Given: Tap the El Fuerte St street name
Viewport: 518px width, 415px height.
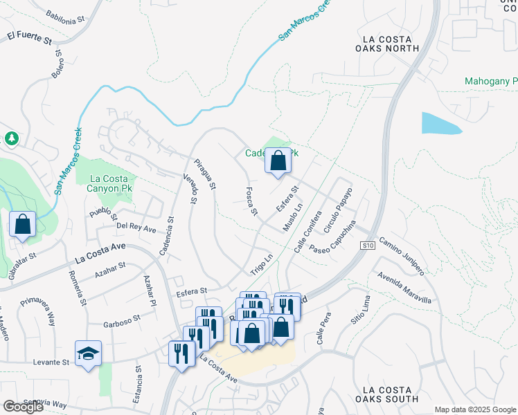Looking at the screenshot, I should [30, 37].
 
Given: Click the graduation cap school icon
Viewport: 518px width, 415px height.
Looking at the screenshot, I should [88, 354].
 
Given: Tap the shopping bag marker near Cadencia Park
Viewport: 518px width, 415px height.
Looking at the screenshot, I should [277, 162].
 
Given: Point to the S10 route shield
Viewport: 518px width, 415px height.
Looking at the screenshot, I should [367, 246].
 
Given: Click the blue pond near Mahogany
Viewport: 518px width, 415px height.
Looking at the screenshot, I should [439, 123].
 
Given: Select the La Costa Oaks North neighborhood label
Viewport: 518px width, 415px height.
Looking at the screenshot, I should [386, 44].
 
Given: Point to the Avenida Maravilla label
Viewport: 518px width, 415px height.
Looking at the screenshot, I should [404, 286].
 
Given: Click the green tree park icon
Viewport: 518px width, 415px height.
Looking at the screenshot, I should [11, 138].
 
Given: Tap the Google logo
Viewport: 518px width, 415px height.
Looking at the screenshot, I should [23, 407].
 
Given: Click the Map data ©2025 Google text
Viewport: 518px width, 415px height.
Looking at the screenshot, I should [475, 409].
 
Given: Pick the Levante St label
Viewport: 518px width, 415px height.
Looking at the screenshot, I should [51, 362].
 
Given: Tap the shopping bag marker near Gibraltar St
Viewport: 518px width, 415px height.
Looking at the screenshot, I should [23, 224].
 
